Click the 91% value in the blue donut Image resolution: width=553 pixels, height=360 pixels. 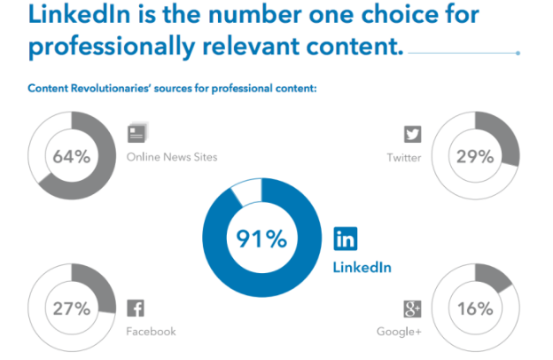pos(261,238)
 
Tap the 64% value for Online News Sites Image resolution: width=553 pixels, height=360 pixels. pos(72,157)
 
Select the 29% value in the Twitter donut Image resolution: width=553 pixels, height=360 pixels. pos(474,157)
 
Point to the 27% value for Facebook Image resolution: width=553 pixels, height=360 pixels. pos(72,309)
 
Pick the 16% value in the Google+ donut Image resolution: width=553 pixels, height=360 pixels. pos(474,309)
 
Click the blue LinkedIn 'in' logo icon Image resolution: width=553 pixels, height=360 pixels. pos(346,239)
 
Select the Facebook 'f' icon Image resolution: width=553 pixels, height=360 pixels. pos(136,309)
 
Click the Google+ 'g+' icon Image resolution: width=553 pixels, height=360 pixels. pos(410,309)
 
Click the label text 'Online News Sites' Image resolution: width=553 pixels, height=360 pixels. pos(171,158)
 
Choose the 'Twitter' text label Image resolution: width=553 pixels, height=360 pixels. pos(403,158)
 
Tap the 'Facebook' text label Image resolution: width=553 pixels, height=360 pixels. pos(151,332)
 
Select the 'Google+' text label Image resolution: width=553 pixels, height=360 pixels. pos(399,332)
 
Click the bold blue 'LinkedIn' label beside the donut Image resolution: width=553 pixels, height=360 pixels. pos(362,266)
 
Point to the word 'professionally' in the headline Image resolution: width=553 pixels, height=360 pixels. pos(114,45)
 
